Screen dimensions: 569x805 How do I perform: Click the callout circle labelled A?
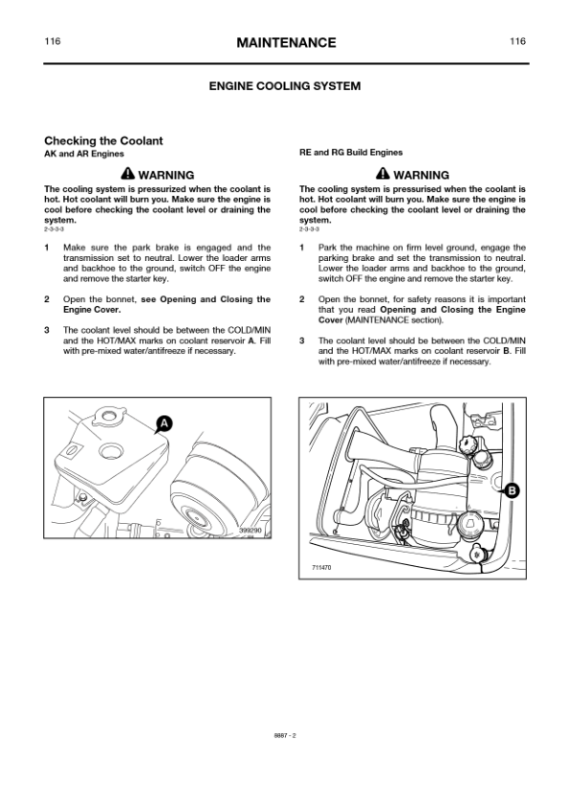pos(164,424)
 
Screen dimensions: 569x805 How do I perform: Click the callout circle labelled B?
pos(512,490)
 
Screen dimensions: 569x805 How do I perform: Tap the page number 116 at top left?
pos(53,41)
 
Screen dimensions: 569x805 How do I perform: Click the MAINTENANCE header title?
pos(286,43)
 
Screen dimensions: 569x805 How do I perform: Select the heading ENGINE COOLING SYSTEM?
pos(285,86)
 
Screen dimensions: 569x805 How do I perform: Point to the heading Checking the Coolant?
pos(103,141)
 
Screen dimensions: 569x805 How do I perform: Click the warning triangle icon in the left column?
pos(128,174)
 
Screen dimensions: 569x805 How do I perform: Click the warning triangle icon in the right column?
pos(383,174)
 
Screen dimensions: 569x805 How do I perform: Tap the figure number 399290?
pos(251,531)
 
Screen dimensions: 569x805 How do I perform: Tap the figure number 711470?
pos(321,567)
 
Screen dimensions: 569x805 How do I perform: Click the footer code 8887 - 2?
pos(285,735)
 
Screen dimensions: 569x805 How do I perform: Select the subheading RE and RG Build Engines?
pos(351,152)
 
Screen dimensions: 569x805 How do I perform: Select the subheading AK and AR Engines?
pos(84,154)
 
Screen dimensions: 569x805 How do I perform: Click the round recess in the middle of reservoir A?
pos(110,451)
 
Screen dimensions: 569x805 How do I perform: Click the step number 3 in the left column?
pos(47,330)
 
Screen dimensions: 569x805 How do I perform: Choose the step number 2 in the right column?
pos(302,299)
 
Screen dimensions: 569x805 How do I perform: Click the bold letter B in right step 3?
pos(506,351)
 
